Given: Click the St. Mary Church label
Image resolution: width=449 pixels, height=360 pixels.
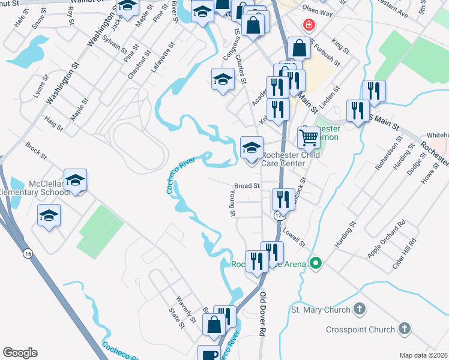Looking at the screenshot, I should tap(320, 310).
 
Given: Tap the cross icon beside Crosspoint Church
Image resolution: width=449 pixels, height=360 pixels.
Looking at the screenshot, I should tap(405, 329).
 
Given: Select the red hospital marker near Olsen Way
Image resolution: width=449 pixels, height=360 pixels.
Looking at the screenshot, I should tap(309, 25).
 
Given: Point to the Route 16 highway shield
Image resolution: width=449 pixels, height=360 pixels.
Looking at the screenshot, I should tap(28, 254).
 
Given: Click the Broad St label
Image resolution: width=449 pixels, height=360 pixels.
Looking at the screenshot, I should tap(247, 186).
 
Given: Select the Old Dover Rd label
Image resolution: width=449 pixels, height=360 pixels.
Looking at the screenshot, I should tap(262, 314).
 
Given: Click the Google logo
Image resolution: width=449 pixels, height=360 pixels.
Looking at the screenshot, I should tap(20, 353).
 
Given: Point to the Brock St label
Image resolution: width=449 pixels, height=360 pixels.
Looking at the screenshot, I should tap(35, 150).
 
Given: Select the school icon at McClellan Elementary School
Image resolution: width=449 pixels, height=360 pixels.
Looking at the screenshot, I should tap(76, 180).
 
